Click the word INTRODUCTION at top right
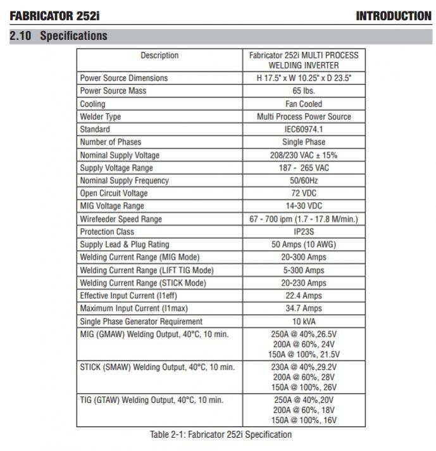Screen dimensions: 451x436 [x=394, y=15]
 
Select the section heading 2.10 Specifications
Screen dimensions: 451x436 [x=58, y=36]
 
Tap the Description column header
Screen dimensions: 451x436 [x=159, y=56]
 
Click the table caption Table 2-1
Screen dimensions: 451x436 [x=221, y=435]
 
